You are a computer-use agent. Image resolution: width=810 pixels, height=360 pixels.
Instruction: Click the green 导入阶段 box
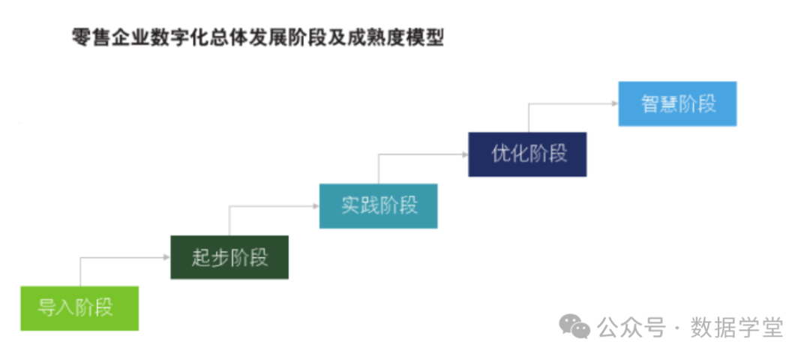79,307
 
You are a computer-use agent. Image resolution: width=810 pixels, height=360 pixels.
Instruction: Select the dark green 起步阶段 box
229,257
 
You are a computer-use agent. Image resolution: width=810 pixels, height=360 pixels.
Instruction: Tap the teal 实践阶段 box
379,205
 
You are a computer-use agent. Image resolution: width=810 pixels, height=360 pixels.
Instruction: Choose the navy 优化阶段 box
527,154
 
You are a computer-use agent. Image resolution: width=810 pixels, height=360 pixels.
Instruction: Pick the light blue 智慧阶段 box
677,103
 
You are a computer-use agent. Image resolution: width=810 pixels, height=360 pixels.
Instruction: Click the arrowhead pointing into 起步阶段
166,257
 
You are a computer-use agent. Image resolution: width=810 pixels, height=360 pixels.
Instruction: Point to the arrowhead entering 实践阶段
316,205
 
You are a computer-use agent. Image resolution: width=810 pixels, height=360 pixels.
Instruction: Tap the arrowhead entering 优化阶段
464,154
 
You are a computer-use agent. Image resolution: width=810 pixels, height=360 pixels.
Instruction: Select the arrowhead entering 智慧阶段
614,103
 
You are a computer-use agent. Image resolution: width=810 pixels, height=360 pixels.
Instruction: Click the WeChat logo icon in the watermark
576,327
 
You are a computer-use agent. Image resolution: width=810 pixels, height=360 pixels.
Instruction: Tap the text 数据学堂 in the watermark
736,327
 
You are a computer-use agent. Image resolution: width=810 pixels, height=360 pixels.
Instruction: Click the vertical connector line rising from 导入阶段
80,271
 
